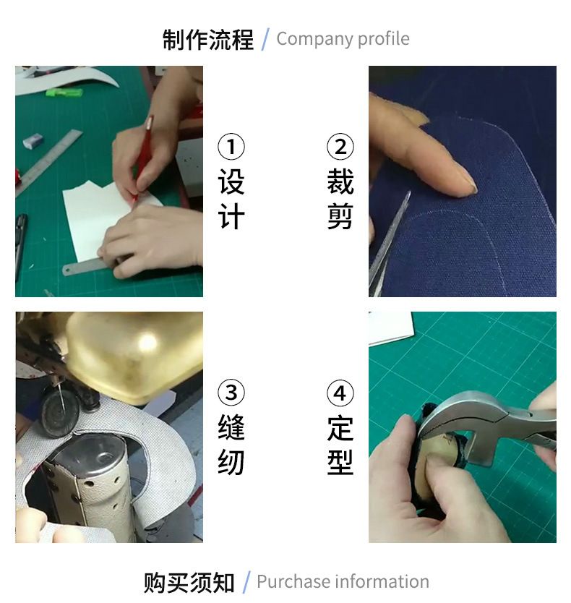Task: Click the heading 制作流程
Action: pyautogui.click(x=207, y=39)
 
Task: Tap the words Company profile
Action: pyautogui.click(x=343, y=39)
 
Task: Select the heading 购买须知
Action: pyautogui.click(x=189, y=583)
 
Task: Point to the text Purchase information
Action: pyautogui.click(x=343, y=581)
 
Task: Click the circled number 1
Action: pyautogui.click(x=231, y=147)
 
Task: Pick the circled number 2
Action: pyautogui.click(x=340, y=147)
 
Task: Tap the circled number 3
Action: pyautogui.click(x=231, y=393)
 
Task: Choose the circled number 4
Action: pyautogui.click(x=340, y=393)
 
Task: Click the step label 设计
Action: pyautogui.click(x=231, y=200)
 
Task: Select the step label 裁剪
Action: pyautogui.click(x=340, y=200)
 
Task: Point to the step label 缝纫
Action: pyautogui.click(x=231, y=445)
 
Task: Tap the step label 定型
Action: pyautogui.click(x=340, y=445)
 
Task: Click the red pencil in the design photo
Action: pyautogui.click(x=142, y=158)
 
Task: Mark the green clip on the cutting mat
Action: pyautogui.click(x=64, y=93)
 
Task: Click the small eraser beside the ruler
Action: pyautogui.click(x=33, y=141)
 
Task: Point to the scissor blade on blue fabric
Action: pyautogui.click(x=388, y=244)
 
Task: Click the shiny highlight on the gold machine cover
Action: pyautogui.click(x=147, y=343)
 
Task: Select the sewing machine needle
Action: pyautogui.click(x=61, y=400)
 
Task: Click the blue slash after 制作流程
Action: pyautogui.click(x=265, y=39)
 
